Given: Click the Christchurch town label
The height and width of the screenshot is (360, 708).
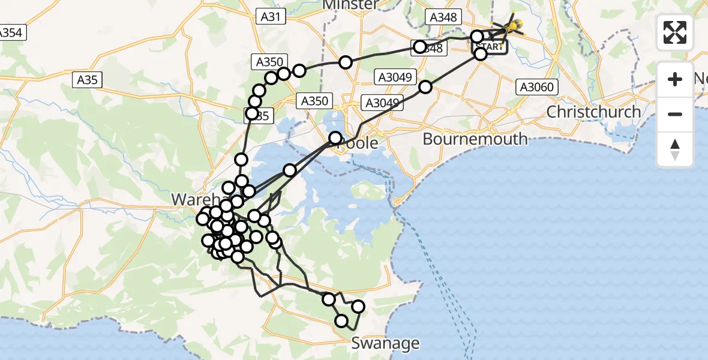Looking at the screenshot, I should tap(593, 112).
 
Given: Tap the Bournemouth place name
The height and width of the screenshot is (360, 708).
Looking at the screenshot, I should tap(475, 139).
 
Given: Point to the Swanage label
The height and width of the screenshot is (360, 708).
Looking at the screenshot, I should tap(385, 344).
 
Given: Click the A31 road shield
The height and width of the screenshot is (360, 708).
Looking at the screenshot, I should tap(271, 17).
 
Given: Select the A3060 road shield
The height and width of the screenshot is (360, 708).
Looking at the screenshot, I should tap(536, 88).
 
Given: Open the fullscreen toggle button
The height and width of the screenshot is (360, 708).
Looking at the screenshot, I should tap(675, 32).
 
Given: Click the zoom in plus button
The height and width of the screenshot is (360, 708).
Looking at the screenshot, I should tap(675, 79).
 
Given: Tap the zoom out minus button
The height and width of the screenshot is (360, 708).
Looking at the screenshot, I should tap(675, 114).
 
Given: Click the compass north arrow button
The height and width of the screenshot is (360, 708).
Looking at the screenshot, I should tap(675, 149).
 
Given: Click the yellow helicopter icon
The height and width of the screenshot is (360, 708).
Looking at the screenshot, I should tap(512, 26).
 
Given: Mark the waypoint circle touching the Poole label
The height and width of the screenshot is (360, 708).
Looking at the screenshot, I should tap(335, 138).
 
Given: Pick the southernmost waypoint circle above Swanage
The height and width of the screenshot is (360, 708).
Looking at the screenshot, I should tap(341, 321).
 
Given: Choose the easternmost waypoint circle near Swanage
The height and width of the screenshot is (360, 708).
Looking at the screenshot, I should tap(358, 307).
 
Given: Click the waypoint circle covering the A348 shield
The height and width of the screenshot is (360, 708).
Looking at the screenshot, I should tap(419, 47).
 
